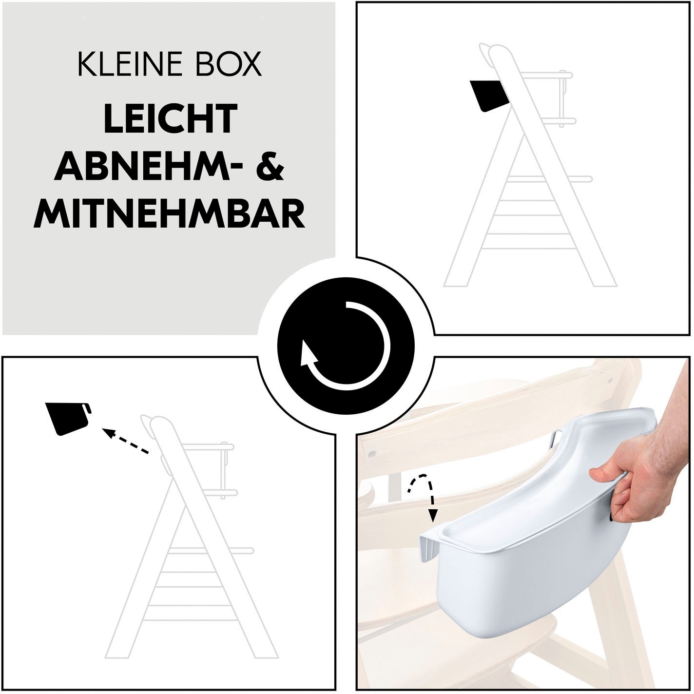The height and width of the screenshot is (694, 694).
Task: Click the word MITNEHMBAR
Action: point(169,214)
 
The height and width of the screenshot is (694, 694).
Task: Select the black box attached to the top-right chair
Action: point(489,95)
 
